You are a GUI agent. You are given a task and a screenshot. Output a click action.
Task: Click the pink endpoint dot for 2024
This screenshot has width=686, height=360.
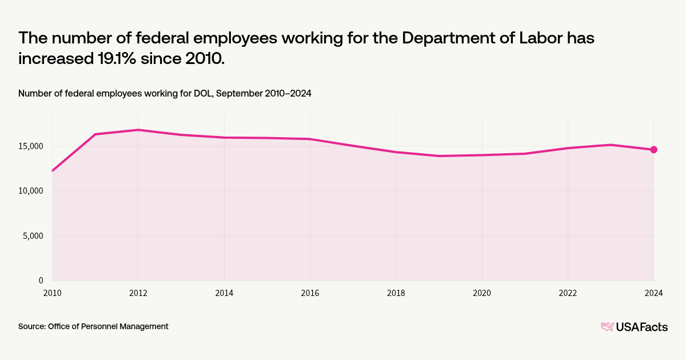[x=653, y=150]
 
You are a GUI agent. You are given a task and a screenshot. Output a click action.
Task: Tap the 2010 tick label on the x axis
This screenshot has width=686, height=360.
[x=52, y=293]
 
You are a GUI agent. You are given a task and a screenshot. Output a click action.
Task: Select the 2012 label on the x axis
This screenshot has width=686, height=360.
[x=138, y=293]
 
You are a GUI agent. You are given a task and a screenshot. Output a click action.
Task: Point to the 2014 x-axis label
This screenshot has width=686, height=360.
[x=224, y=293]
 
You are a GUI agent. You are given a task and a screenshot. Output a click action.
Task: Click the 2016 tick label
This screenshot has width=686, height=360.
[x=310, y=293]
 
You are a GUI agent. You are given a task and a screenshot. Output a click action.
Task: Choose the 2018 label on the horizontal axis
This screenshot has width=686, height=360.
[x=396, y=293]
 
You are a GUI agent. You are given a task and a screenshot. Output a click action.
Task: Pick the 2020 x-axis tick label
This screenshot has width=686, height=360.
[x=482, y=293]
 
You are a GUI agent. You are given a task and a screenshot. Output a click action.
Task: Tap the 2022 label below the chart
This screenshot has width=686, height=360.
[x=568, y=293]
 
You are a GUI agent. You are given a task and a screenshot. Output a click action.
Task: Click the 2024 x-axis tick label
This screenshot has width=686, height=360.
[x=653, y=293]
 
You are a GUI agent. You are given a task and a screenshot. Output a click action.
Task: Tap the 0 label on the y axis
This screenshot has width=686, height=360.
[x=41, y=280]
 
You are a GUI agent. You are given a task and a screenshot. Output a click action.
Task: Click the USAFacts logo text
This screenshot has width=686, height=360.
[x=641, y=327]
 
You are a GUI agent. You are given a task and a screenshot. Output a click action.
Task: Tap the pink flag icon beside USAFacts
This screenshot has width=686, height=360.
[x=607, y=327]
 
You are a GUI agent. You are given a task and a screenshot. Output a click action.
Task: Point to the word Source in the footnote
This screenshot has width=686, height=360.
[x=31, y=326]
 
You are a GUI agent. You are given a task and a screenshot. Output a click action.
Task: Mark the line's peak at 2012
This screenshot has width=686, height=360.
[x=138, y=130]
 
